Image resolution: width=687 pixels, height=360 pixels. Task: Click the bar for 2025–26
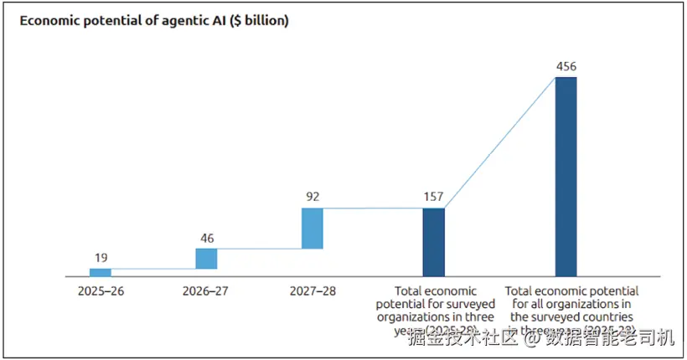click(101, 272)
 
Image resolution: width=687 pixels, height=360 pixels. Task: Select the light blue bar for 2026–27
click(206, 259)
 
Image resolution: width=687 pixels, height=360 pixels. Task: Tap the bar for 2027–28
click(312, 229)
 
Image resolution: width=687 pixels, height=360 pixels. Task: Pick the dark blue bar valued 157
click(433, 242)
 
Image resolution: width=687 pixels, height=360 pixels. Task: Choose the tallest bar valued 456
click(566, 177)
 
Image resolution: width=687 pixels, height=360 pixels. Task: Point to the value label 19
click(100, 258)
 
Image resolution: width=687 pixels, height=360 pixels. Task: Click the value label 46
click(206, 238)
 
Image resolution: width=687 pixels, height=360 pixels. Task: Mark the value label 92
click(312, 198)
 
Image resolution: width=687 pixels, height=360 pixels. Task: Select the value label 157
click(433, 198)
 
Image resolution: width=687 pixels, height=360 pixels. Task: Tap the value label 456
click(566, 66)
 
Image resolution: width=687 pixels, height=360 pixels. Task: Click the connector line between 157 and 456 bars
click(499, 142)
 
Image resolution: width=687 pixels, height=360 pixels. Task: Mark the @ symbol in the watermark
click(533, 339)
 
